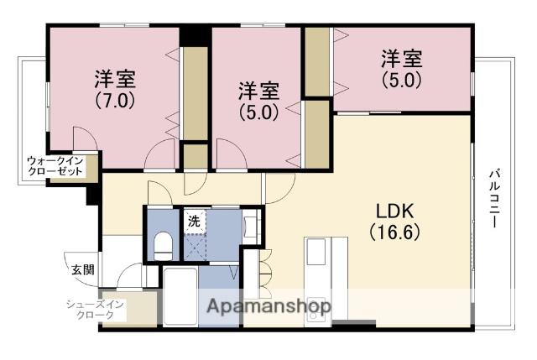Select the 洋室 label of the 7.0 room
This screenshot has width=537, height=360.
[x=115, y=81]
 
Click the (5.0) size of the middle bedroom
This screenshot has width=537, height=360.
[x=257, y=112]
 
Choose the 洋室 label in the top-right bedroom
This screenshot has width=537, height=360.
[x=401, y=60]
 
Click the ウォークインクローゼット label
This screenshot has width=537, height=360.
[x=55, y=165]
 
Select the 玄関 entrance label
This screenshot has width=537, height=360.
[x=81, y=270]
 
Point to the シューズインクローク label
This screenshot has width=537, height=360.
[x=96, y=310]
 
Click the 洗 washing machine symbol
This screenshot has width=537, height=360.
[x=194, y=222]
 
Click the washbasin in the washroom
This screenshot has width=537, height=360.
[x=249, y=226]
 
